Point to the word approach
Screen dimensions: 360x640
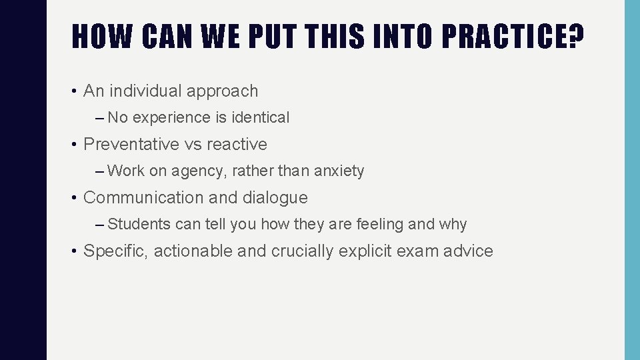pos(223,91)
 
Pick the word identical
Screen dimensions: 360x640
pos(261,118)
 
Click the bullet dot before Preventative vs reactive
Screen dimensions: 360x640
pos(76,145)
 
